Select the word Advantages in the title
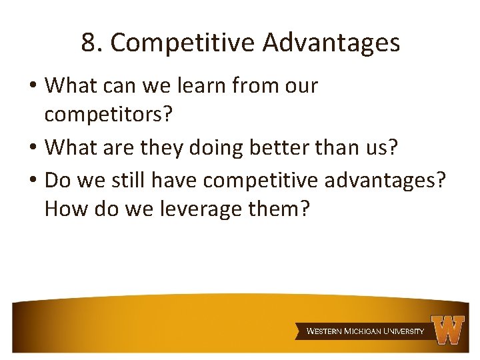[331, 43]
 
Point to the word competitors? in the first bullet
[109, 115]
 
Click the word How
[63, 209]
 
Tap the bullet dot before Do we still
[33, 179]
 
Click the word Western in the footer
[325, 331]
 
